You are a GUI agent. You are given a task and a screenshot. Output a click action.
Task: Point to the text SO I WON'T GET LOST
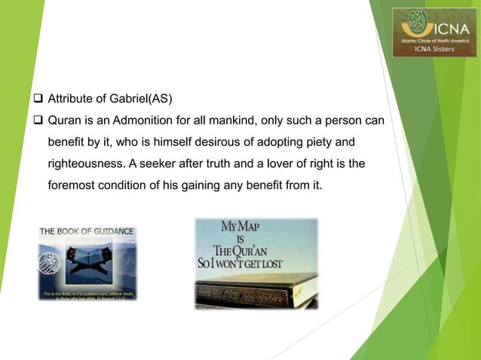pyautogui.click(x=256, y=264)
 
